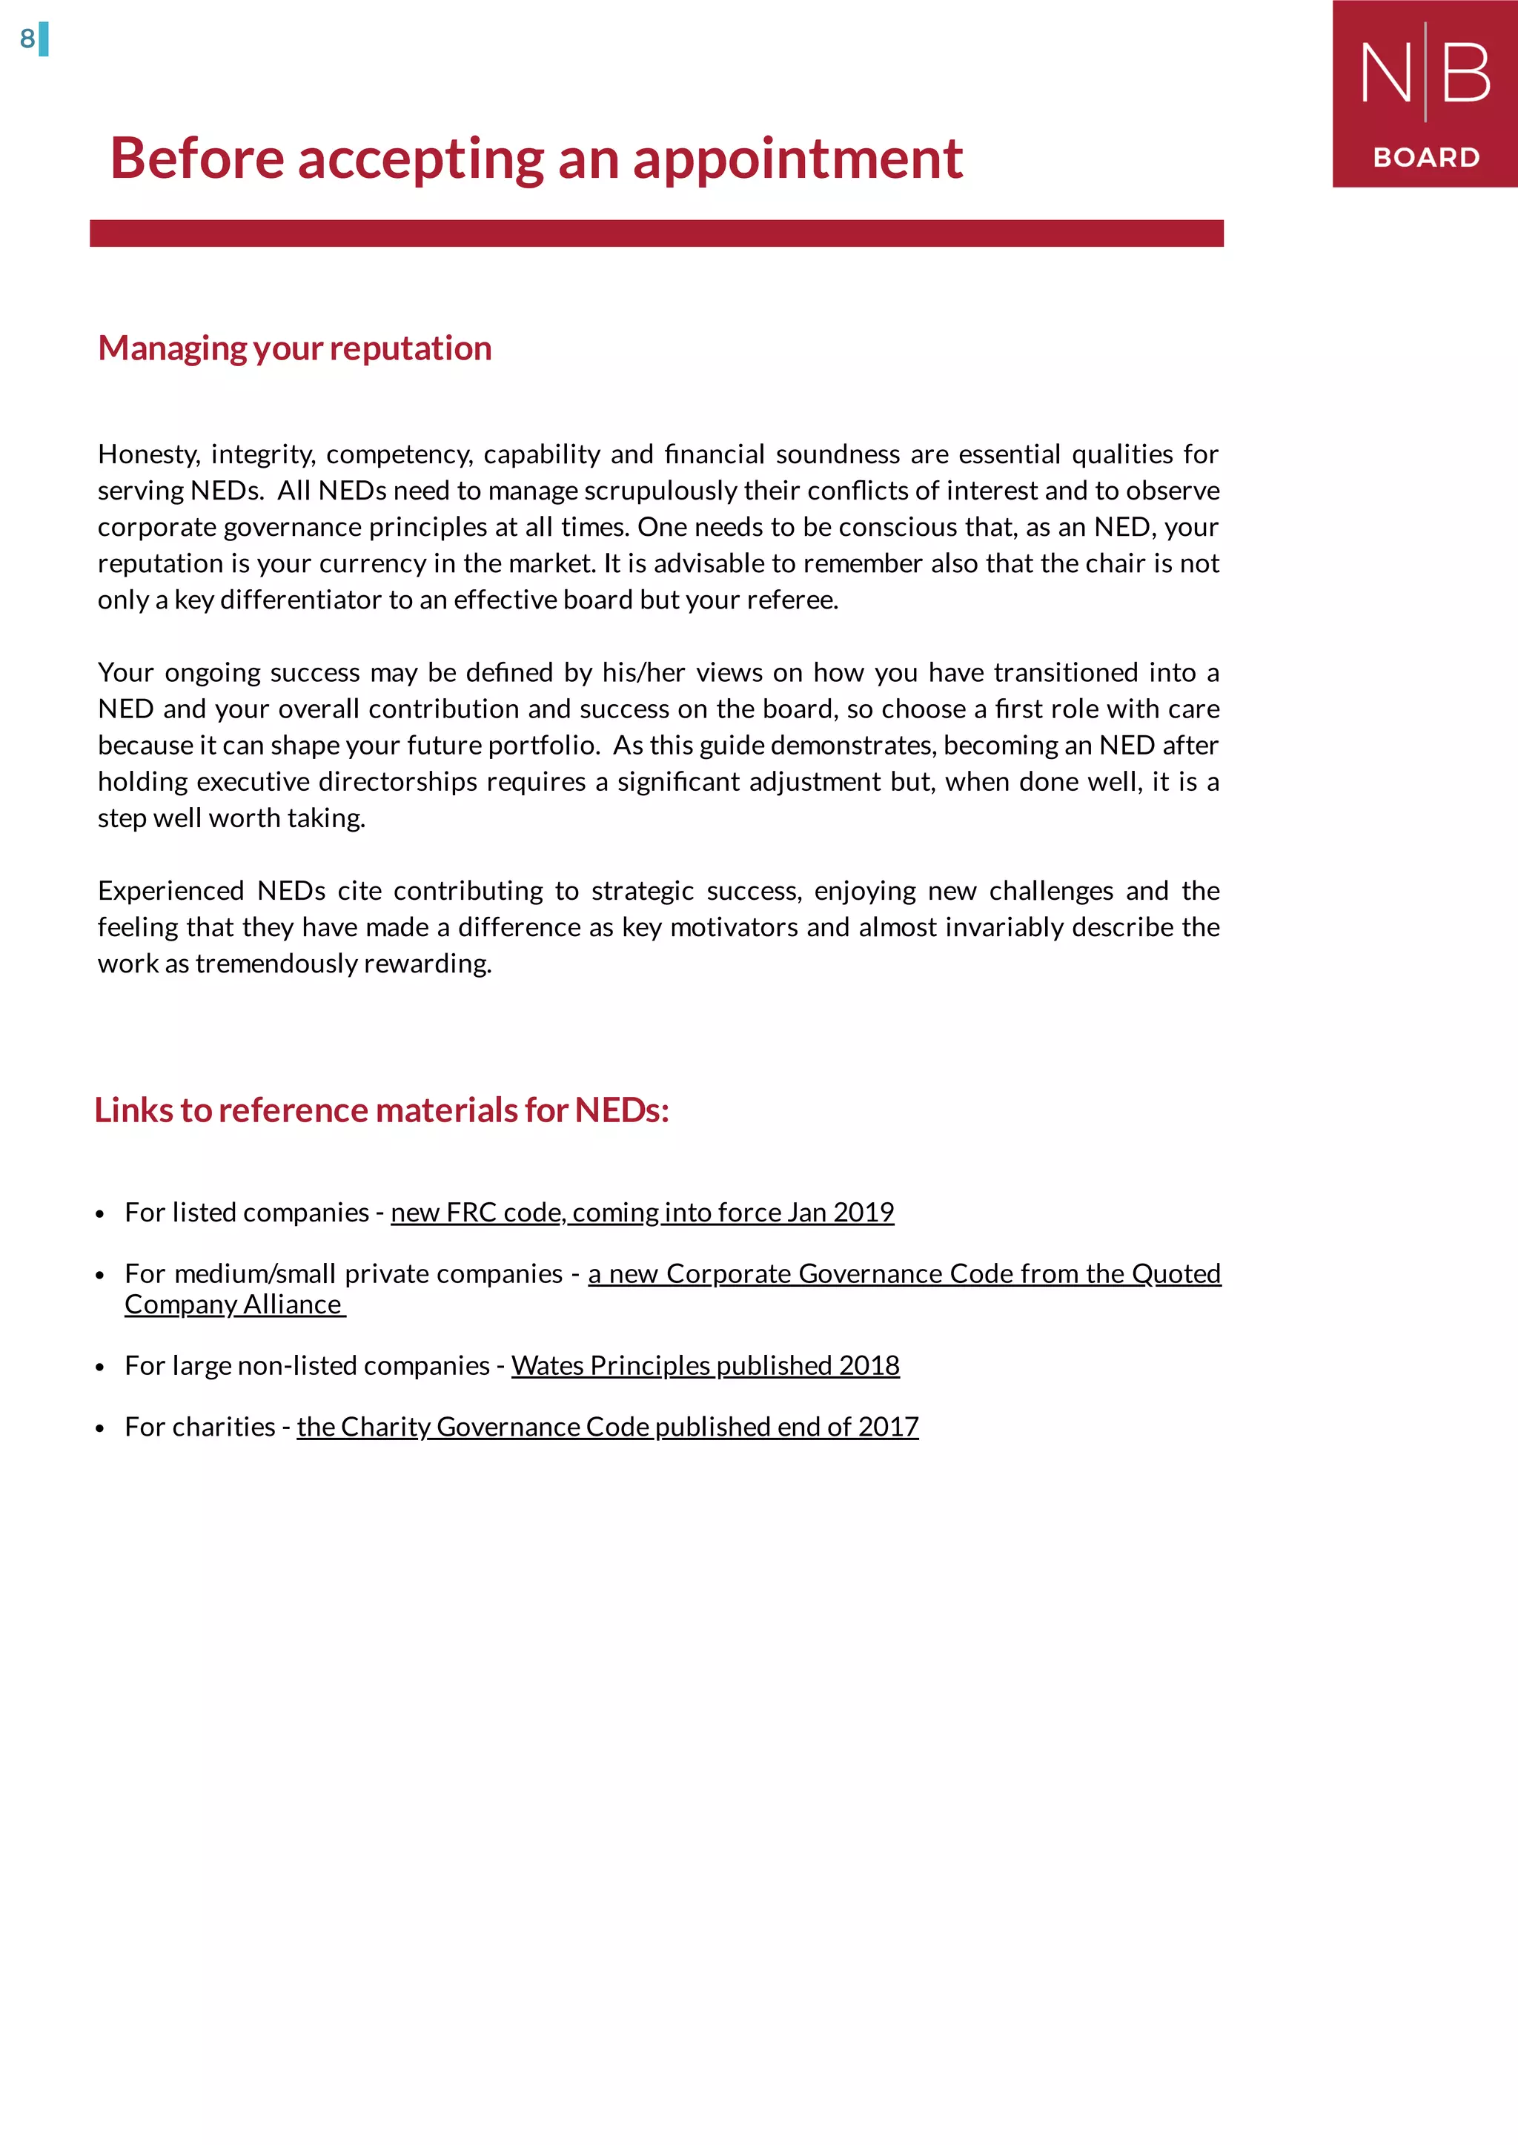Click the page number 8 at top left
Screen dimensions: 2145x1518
click(x=27, y=39)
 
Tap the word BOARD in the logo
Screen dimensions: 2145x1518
click(x=1425, y=157)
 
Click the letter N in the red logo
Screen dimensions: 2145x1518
click(x=1385, y=74)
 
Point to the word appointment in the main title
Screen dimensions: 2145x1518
click(x=798, y=159)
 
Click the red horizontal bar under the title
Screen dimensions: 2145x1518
click(x=656, y=233)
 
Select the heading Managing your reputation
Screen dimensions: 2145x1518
click(x=294, y=348)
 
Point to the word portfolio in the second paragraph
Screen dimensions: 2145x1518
click(x=542, y=746)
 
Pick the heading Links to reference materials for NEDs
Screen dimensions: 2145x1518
click(x=382, y=1110)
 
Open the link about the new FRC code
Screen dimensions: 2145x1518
click(x=642, y=1213)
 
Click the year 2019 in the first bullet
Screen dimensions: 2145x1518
click(x=864, y=1213)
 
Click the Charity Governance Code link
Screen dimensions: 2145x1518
click(x=608, y=1428)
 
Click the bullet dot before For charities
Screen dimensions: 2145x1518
click(x=100, y=1429)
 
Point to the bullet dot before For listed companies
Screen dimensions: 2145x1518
click(x=100, y=1215)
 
